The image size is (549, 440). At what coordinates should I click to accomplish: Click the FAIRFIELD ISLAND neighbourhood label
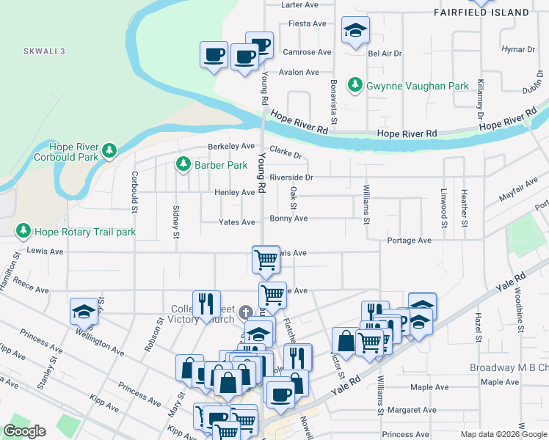pos(491,12)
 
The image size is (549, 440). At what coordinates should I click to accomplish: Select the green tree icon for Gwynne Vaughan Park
pos(356,86)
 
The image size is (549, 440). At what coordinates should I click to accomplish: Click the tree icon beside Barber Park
pos(183,165)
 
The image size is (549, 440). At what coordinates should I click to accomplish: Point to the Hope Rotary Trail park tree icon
pos(23,232)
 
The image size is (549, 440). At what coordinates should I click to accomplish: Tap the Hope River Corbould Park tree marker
pos(109,151)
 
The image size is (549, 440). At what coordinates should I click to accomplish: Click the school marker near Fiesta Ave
pos(355,32)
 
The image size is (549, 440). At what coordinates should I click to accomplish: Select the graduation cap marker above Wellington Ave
pos(84,312)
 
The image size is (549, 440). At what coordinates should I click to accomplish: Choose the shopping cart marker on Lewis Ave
pos(265,259)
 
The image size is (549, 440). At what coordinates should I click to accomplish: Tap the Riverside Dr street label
pos(291,177)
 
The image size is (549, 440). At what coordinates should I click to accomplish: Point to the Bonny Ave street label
pos(288,219)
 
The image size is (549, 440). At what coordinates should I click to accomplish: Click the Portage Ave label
pos(410,241)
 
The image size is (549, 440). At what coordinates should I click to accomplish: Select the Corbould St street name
pos(135,192)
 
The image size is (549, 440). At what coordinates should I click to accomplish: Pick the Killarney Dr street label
pos(481,100)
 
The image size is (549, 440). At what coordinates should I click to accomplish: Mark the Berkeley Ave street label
pos(230,146)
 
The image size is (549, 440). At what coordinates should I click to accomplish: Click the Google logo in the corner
pos(24,431)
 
